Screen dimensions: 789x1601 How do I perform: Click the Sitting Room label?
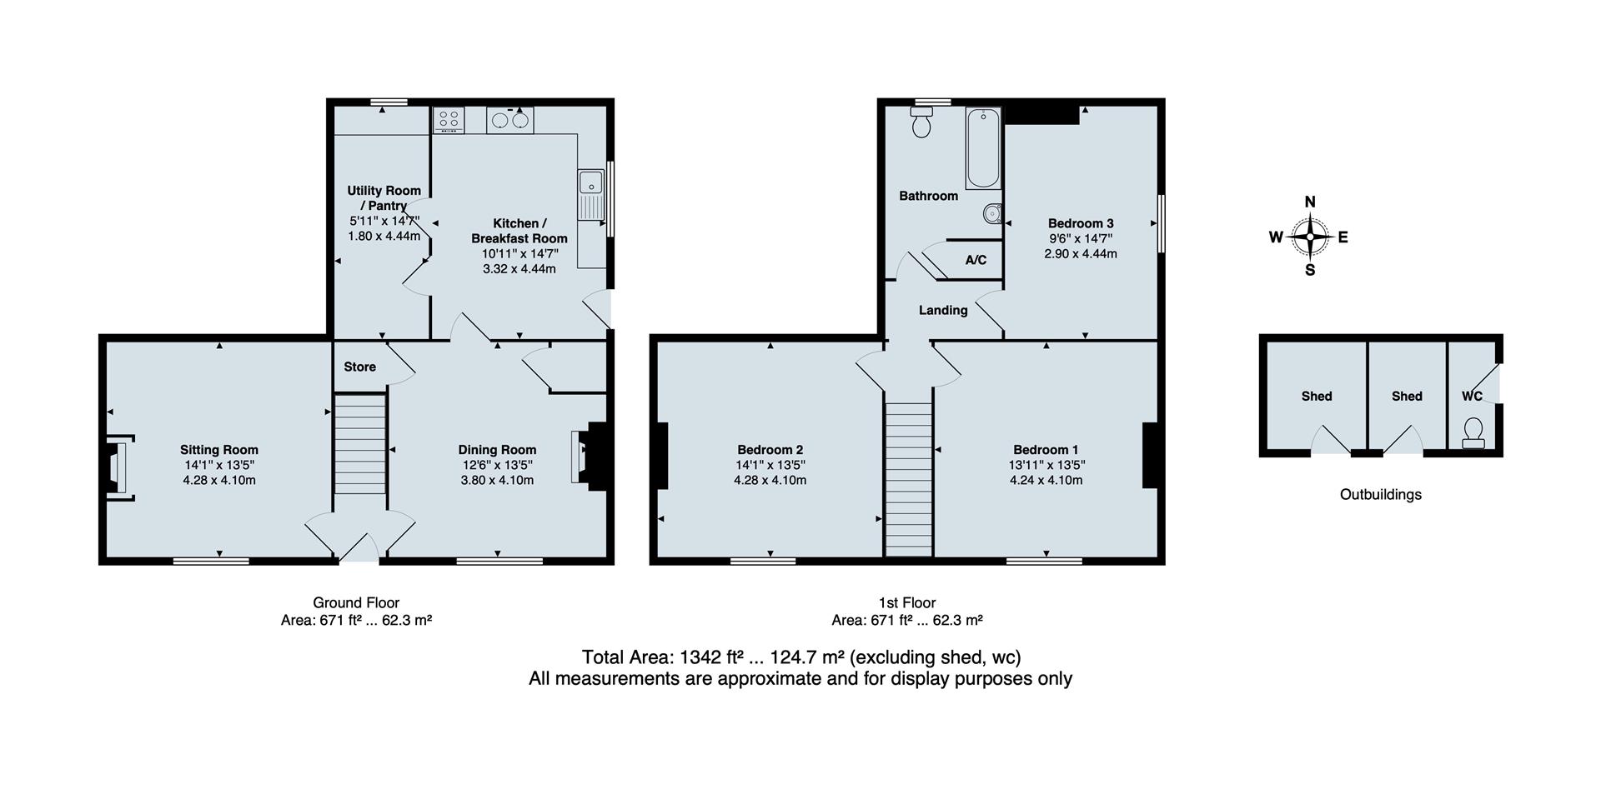click(x=218, y=450)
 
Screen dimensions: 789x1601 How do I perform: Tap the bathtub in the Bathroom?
click(x=983, y=148)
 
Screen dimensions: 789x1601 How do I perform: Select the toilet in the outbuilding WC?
click(x=1473, y=432)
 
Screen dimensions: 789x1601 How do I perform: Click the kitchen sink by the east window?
click(x=590, y=195)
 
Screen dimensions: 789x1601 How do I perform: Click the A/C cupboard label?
click(x=976, y=260)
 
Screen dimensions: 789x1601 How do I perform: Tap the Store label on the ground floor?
click(x=359, y=367)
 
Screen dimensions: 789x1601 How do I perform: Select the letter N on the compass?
click(x=1309, y=202)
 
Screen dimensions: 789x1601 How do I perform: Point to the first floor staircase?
click(x=908, y=478)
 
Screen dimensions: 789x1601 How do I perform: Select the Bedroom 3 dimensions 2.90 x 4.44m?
click(x=1080, y=253)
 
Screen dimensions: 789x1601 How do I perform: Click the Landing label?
click(x=943, y=310)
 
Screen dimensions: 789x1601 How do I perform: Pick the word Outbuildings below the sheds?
click(x=1380, y=494)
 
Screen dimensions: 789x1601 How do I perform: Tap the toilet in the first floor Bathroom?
click(x=921, y=124)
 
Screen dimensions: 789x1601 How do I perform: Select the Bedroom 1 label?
click(x=1046, y=450)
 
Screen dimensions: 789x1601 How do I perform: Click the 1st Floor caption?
click(x=906, y=602)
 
